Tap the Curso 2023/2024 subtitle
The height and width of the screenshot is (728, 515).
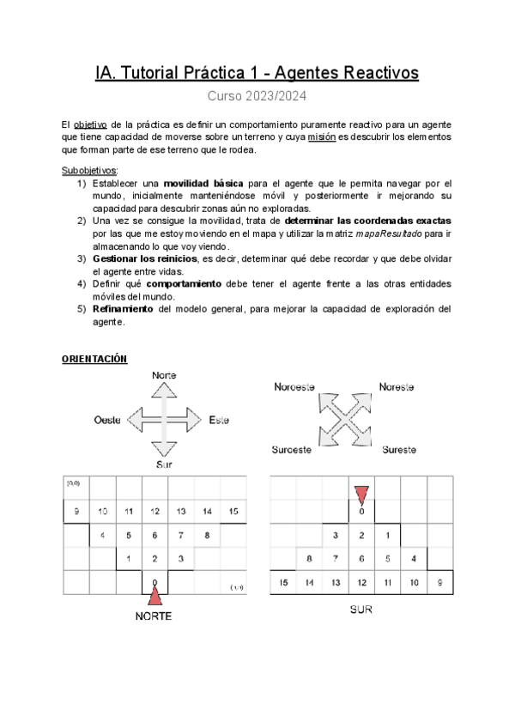(257, 97)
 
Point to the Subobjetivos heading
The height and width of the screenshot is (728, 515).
(91, 171)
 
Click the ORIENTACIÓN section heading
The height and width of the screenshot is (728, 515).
(94, 359)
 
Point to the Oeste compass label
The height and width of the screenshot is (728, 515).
(108, 420)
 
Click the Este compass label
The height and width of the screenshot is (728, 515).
(218, 420)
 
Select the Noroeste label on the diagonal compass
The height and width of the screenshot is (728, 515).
(294, 387)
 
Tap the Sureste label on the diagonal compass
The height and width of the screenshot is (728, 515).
(399, 449)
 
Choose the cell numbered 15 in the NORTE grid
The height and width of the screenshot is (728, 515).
(233, 512)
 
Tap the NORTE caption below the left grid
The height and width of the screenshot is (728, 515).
(154, 616)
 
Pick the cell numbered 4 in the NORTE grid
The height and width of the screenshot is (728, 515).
(103, 536)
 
